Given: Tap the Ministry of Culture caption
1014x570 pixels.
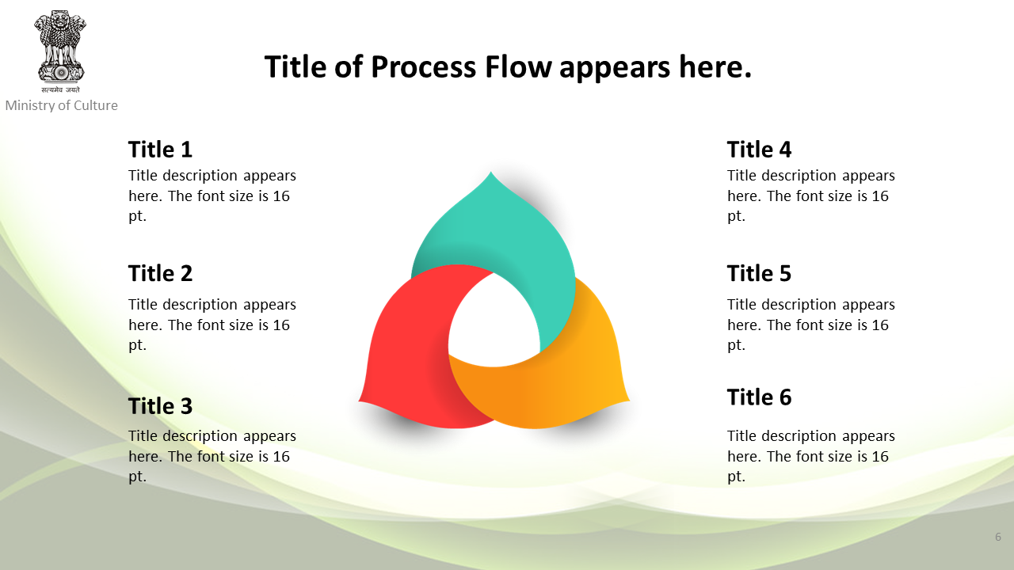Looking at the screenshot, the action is (x=62, y=105).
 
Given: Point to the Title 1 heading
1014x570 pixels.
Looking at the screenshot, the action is (x=160, y=150).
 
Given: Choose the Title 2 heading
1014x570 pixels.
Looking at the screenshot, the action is (x=160, y=273).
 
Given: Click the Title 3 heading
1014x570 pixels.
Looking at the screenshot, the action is (x=160, y=406).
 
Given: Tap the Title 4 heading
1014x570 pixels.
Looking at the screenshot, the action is (x=759, y=150).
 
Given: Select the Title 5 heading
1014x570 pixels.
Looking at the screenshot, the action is (x=759, y=273).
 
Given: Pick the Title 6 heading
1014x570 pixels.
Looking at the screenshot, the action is (x=759, y=397).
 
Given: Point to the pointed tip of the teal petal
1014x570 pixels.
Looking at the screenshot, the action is (x=491, y=172).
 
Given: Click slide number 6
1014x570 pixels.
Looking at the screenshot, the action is (x=997, y=537).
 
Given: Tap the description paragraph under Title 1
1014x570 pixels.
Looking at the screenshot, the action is (x=212, y=196).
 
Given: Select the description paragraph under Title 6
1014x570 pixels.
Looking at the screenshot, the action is (x=810, y=457).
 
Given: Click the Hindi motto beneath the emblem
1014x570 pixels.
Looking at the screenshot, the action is (x=60, y=89).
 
